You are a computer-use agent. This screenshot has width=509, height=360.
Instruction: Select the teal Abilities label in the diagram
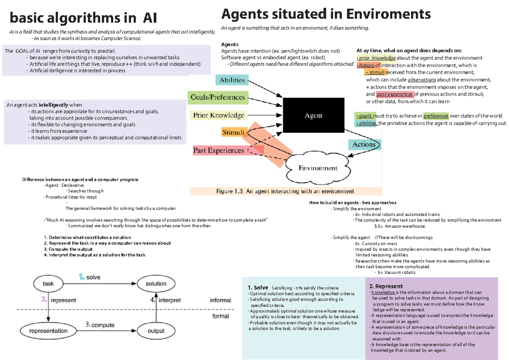232,80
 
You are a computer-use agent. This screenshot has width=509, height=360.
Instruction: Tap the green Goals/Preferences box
218,98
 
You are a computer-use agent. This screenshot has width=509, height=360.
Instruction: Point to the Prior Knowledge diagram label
218,115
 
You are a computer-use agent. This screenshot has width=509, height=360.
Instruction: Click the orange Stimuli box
233,132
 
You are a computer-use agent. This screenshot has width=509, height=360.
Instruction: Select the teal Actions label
364,145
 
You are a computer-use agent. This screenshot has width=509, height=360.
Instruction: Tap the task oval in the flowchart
49,284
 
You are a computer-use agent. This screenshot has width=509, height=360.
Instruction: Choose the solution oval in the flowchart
156,284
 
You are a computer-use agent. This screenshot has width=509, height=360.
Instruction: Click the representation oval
49,331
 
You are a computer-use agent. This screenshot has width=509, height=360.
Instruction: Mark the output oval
156,331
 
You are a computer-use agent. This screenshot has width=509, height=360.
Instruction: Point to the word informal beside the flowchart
221,300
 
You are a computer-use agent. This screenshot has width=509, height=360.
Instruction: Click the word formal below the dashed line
221,316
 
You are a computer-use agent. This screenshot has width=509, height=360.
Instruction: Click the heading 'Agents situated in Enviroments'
326,14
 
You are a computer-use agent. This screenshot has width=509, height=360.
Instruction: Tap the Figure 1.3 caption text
285,191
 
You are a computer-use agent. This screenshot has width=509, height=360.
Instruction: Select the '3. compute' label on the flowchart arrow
100,325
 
